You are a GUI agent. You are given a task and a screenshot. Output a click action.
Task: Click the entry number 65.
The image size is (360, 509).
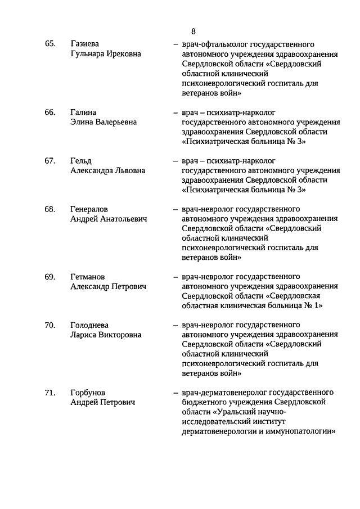pos(50,44)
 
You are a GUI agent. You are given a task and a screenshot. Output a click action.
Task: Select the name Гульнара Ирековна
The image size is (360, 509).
pos(106,53)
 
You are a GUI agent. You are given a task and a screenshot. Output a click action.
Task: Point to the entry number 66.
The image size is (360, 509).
pos(50,112)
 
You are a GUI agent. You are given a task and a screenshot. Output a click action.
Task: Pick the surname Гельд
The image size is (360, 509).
pos(81,161)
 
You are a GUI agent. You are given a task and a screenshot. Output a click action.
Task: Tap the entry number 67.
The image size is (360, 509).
pos(50,161)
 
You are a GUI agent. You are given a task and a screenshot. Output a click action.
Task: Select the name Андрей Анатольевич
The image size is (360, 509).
pos(109,219)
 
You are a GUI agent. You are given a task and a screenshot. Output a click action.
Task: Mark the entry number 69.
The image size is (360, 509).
pos(50,277)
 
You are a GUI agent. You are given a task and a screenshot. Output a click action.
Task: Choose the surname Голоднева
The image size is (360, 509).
pos(89,325)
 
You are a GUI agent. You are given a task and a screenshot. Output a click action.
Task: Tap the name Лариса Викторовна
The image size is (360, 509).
pos(106,335)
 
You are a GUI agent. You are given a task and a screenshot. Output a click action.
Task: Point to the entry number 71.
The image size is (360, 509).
pos(50,393)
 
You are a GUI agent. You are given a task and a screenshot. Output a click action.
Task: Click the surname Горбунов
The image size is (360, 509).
pos(88,393)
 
